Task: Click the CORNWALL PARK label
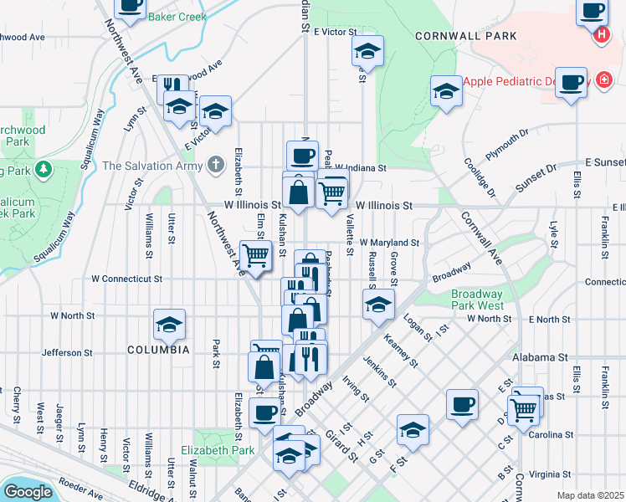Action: click(x=466, y=36)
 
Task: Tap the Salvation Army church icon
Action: click(x=216, y=165)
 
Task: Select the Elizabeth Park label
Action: click(x=223, y=450)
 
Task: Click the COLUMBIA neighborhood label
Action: click(x=159, y=349)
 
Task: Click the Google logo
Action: click(x=28, y=491)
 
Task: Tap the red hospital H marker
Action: click(x=601, y=35)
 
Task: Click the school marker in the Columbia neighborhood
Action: click(x=170, y=324)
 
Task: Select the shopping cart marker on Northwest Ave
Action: click(x=255, y=254)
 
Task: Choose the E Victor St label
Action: click(x=336, y=32)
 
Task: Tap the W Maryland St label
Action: click(x=389, y=242)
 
